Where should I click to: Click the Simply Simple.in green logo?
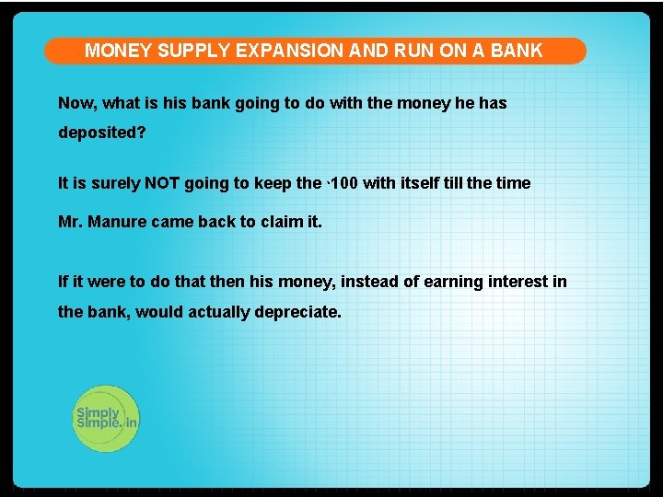click(106, 419)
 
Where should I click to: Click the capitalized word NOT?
click(162, 183)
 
